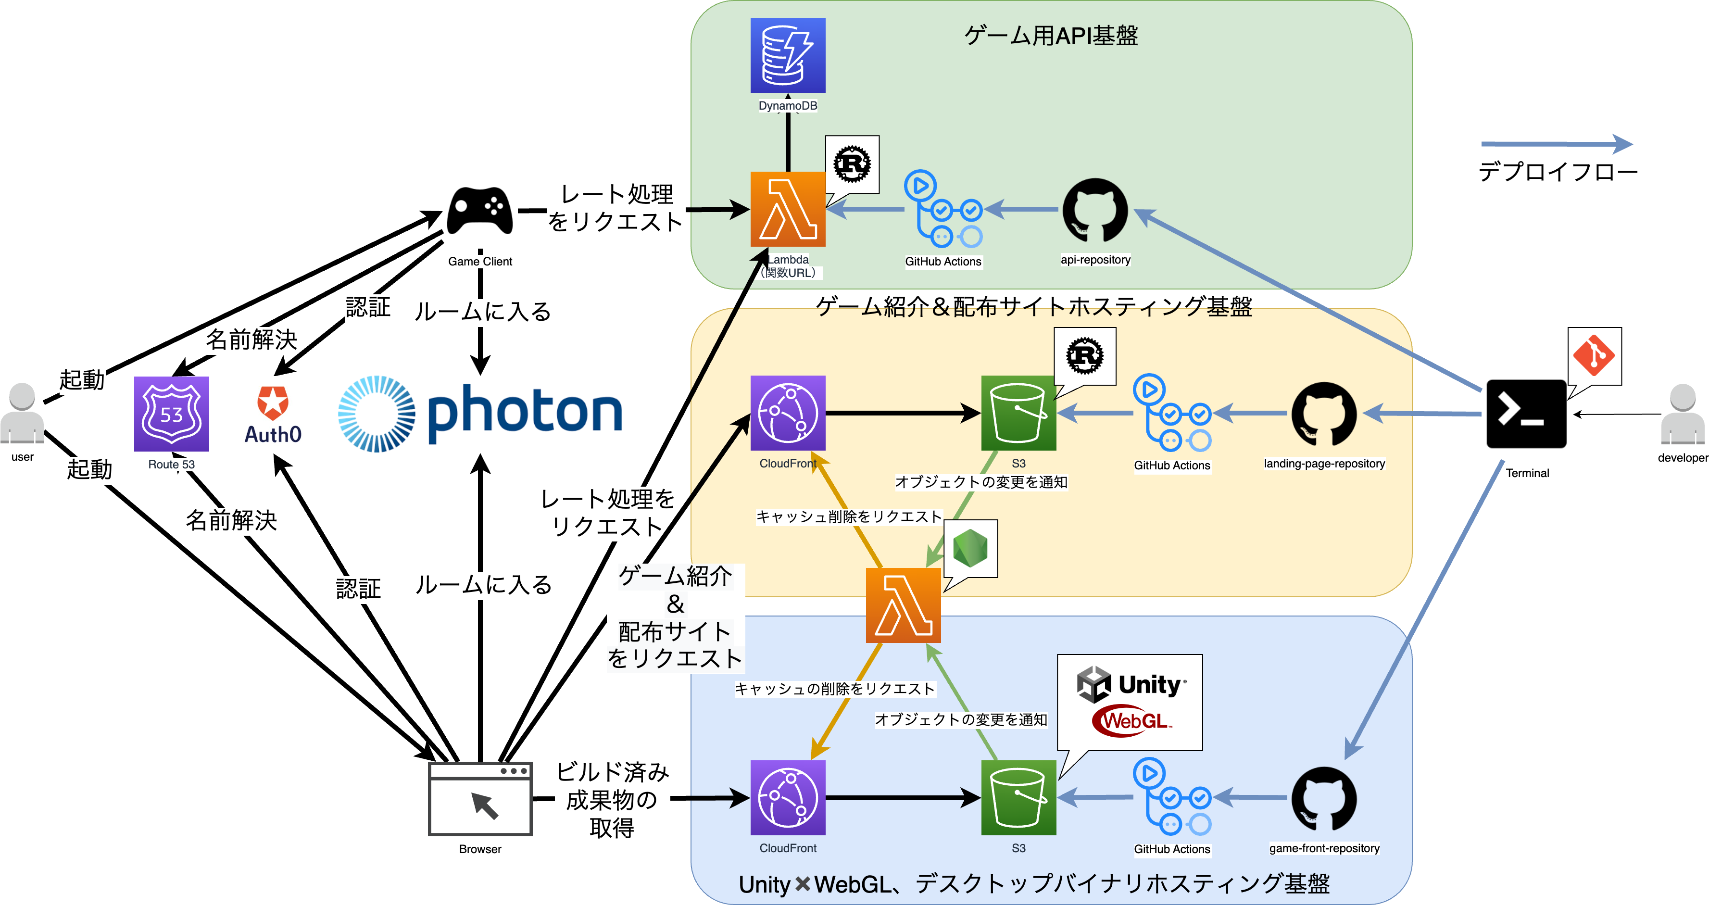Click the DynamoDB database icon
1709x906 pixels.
pos(788,55)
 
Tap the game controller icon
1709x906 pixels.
pos(479,211)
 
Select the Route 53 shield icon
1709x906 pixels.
pos(171,414)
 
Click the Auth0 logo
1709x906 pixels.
pos(273,415)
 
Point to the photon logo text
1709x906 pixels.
pos(524,413)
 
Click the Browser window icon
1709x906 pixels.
pos(479,799)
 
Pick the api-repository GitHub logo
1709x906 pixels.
pos(1094,210)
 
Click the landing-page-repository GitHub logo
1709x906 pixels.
pos(1323,414)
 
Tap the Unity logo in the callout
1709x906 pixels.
pos(1131,684)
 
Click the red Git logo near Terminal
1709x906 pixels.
pos(1594,355)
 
